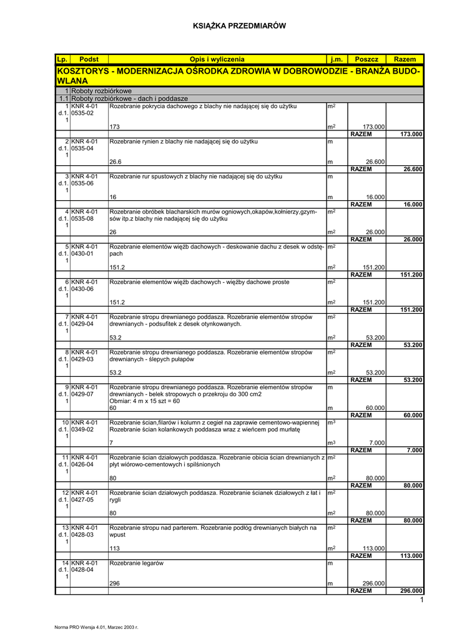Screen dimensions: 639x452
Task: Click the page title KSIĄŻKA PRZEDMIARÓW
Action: coord(239,26)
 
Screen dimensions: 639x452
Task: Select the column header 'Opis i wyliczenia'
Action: coord(217,59)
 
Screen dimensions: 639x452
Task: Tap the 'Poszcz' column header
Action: coord(366,59)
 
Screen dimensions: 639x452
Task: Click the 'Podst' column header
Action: coord(89,59)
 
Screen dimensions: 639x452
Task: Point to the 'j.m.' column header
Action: coord(337,59)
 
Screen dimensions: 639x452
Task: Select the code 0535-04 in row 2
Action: coord(82,149)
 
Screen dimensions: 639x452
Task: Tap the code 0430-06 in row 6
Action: coord(82,289)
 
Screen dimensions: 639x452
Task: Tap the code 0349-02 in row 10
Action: coord(82,429)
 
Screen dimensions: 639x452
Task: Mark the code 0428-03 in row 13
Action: coord(82,535)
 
